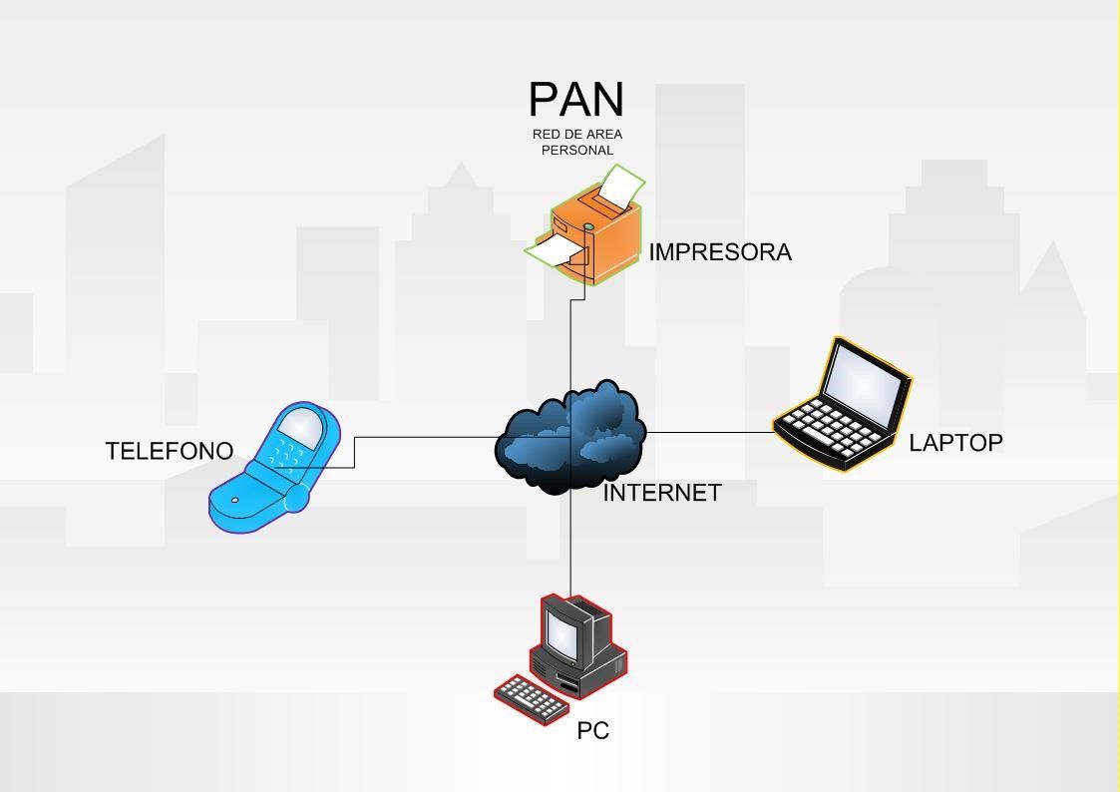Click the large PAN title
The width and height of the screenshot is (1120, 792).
(576, 100)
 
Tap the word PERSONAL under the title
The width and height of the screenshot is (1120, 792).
(576, 151)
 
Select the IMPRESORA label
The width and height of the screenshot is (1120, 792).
(720, 252)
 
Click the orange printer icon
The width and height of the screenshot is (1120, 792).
(588, 234)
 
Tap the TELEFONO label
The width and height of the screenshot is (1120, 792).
(170, 451)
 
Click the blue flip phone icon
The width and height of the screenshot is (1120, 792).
(274, 469)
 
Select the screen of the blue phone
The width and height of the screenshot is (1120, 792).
(301, 427)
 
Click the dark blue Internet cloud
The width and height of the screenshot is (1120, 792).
(570, 439)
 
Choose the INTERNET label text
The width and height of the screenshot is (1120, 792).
(662, 493)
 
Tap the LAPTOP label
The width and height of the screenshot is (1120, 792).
(955, 443)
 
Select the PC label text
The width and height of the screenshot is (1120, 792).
(592, 731)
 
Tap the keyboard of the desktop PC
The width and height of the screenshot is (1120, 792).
(531, 697)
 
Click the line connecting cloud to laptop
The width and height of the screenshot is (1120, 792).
(708, 432)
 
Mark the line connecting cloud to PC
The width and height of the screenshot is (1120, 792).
(570, 544)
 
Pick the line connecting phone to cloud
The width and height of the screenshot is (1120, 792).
(424, 437)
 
